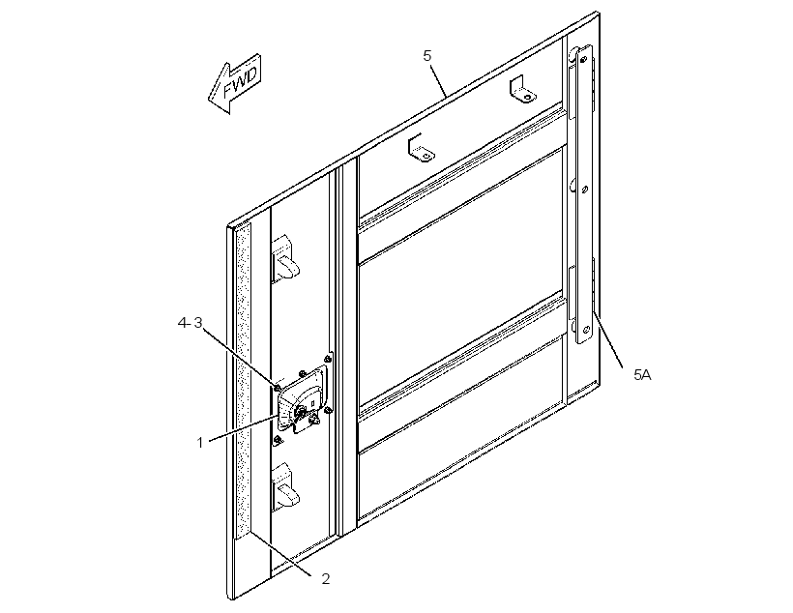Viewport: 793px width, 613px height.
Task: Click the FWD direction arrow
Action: (x=234, y=83)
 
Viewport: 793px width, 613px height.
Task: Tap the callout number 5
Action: (x=427, y=56)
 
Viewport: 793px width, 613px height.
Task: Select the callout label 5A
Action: (x=642, y=375)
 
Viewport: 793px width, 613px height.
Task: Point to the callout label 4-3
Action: (x=190, y=323)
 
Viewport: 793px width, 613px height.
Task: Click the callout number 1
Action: (x=200, y=443)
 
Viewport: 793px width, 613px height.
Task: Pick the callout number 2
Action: (x=326, y=578)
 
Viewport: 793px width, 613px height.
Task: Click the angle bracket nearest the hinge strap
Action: (x=521, y=90)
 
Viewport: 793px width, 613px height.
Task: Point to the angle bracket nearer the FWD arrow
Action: (x=421, y=149)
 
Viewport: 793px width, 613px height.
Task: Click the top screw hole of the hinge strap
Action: (x=583, y=60)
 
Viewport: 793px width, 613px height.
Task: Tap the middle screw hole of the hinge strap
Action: (x=585, y=190)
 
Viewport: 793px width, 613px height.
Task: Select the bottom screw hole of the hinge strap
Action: (x=586, y=331)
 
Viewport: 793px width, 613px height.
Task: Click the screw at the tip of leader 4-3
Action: (x=278, y=388)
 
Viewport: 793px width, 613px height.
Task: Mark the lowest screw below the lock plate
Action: (x=278, y=441)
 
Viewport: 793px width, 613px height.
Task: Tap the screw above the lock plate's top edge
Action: (x=303, y=373)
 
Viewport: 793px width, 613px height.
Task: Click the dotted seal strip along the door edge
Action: (x=244, y=380)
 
